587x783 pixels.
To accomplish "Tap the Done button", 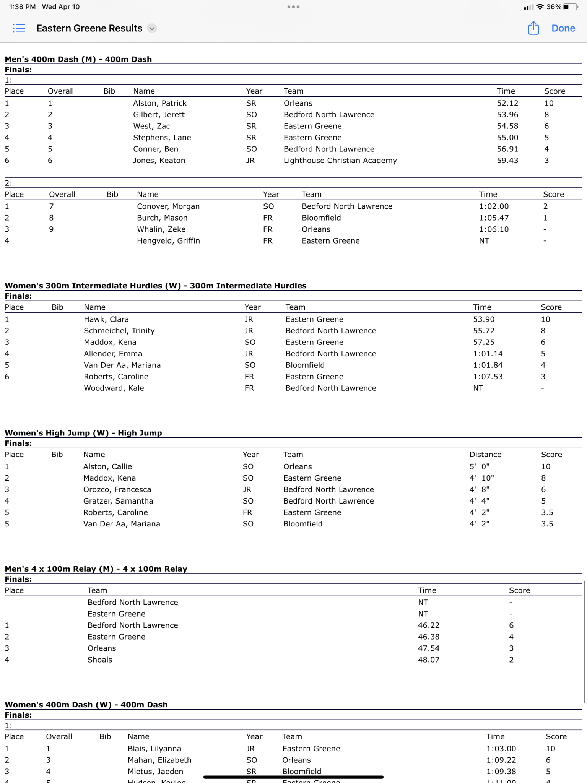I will (x=563, y=28).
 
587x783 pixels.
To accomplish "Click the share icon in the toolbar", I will (x=533, y=28).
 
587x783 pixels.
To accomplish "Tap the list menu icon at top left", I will (x=19, y=28).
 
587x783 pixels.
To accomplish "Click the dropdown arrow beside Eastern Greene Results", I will (x=152, y=28).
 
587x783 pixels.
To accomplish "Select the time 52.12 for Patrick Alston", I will (x=507, y=103).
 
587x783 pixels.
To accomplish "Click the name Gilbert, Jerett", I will (x=159, y=115).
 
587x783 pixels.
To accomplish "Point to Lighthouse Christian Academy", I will (x=340, y=161).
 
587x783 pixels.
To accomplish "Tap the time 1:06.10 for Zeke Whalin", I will (x=494, y=229).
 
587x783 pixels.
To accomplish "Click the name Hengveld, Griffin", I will (x=168, y=241).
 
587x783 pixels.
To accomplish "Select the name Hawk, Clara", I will (x=106, y=319).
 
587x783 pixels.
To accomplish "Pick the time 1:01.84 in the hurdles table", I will (x=488, y=365).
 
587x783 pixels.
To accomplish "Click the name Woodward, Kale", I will (x=114, y=388).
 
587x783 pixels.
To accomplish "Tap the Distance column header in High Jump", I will (x=485, y=455).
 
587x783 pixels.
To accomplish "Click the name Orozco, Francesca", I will (x=117, y=489).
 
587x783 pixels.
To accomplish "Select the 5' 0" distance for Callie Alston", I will (x=479, y=466).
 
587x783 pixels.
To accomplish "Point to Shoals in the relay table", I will (x=100, y=660).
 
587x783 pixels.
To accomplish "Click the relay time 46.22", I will (x=429, y=625).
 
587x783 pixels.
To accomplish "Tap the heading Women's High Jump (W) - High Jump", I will (x=83, y=433).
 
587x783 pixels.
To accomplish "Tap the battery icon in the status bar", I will (x=570, y=7).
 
